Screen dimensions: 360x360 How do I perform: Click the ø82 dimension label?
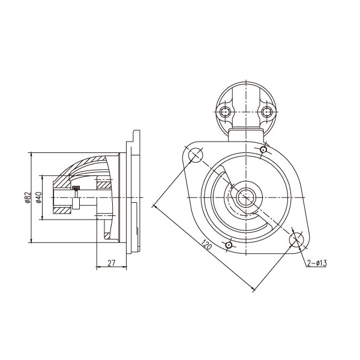28,197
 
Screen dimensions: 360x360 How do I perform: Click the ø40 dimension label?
39,197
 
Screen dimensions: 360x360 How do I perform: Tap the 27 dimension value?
111,263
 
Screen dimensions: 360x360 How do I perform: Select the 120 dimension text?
206,245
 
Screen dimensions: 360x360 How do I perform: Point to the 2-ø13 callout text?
317,263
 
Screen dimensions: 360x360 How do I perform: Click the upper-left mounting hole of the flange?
196,155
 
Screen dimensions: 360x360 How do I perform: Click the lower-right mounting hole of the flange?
296,239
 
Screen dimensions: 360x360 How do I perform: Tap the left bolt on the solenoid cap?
224,112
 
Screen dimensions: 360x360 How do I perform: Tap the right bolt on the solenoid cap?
266,112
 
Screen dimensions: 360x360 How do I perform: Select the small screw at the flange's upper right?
263,150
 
